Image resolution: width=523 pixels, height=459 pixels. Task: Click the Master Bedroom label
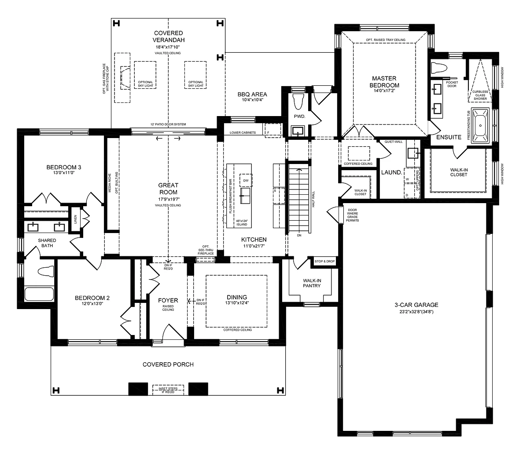[x=384, y=82]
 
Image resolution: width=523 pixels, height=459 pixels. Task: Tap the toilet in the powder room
[x=297, y=101]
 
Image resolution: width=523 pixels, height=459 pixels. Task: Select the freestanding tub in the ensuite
[x=480, y=126]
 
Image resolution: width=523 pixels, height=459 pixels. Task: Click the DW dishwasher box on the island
[x=246, y=181]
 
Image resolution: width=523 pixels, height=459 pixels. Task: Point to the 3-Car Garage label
[x=416, y=304]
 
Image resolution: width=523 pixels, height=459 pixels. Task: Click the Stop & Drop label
[x=324, y=262]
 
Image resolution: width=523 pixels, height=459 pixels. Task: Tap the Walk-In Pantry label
[x=312, y=283]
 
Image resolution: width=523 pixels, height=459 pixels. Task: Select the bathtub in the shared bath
[x=39, y=295]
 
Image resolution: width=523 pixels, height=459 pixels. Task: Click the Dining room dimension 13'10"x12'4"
[x=237, y=303]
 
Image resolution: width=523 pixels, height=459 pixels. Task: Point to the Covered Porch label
[x=168, y=364]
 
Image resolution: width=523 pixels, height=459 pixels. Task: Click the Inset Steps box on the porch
[x=168, y=390]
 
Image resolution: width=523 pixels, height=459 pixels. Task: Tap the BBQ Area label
[x=252, y=94]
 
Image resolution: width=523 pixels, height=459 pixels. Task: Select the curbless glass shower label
[x=480, y=95]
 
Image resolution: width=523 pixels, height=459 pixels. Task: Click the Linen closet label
[x=75, y=219]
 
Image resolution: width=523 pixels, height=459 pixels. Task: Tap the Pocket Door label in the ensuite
[x=452, y=84]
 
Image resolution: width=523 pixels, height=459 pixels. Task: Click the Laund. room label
[x=391, y=172]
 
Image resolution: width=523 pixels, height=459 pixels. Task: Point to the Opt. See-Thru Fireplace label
[x=206, y=250]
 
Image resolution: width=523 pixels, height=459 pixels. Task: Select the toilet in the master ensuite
[x=438, y=68]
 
